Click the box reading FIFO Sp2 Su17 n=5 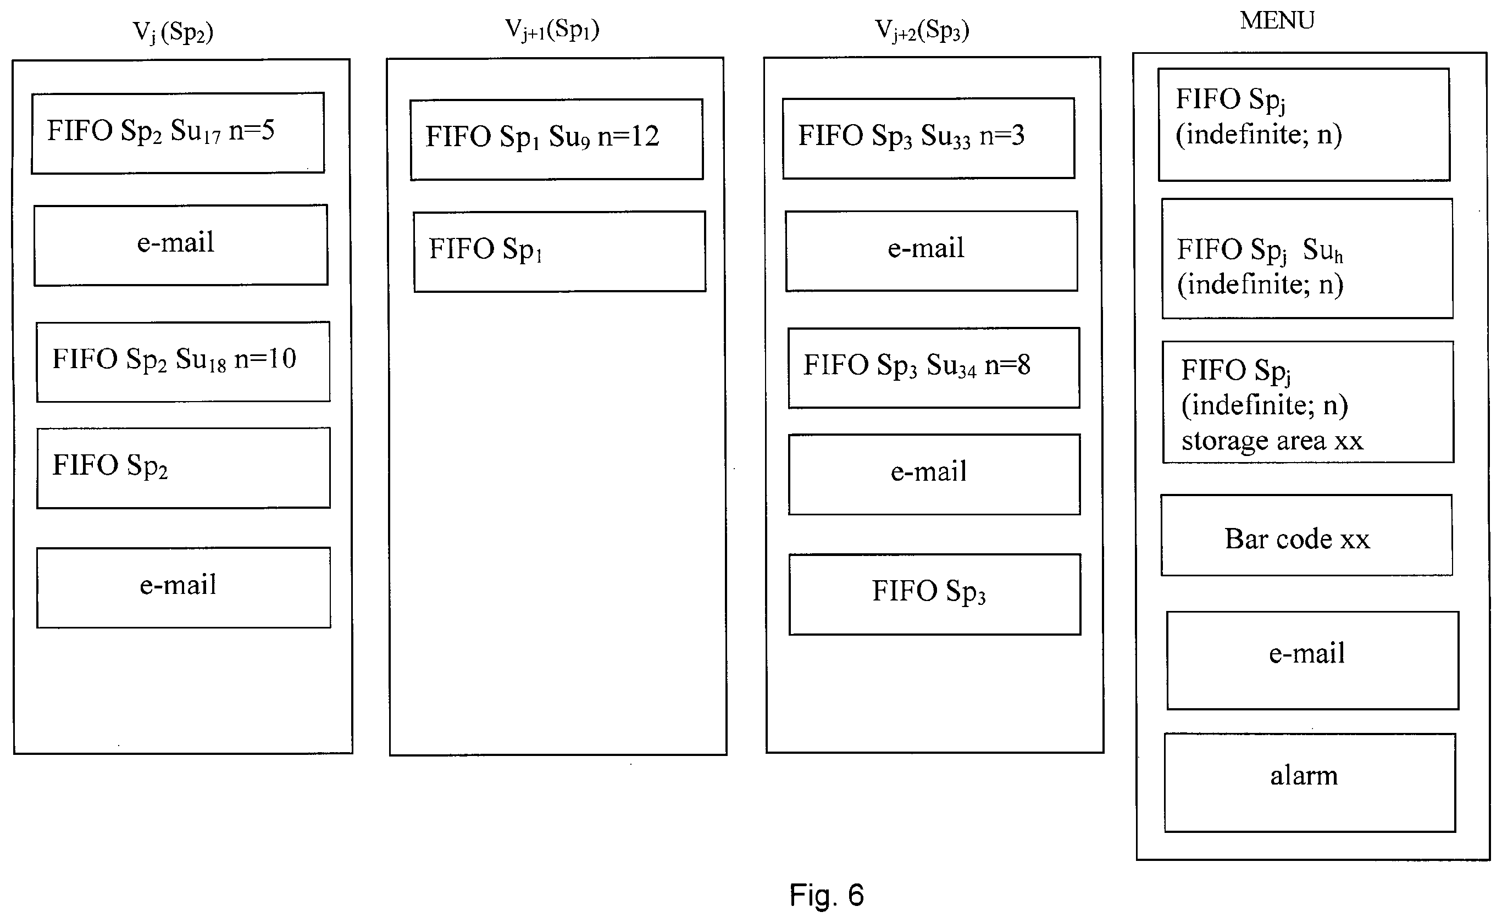tap(178, 133)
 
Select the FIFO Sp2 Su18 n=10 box tap(183, 362)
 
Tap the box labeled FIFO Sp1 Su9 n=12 tap(556, 139)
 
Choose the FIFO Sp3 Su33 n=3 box tap(929, 138)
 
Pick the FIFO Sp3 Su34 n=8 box tap(934, 368)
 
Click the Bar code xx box tap(1306, 535)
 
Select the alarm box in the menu tap(1310, 782)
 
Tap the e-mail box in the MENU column tap(1313, 660)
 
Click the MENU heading tap(1277, 21)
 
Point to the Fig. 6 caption tap(827, 895)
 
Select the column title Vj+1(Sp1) tap(552, 29)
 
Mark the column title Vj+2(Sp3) tap(922, 30)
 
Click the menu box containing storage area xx tap(1308, 402)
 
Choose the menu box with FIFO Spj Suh tap(1307, 258)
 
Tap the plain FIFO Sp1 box tap(559, 252)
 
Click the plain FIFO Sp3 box tap(935, 594)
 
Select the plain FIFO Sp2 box tap(183, 468)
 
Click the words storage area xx tap(1272, 441)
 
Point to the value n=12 tap(628, 136)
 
